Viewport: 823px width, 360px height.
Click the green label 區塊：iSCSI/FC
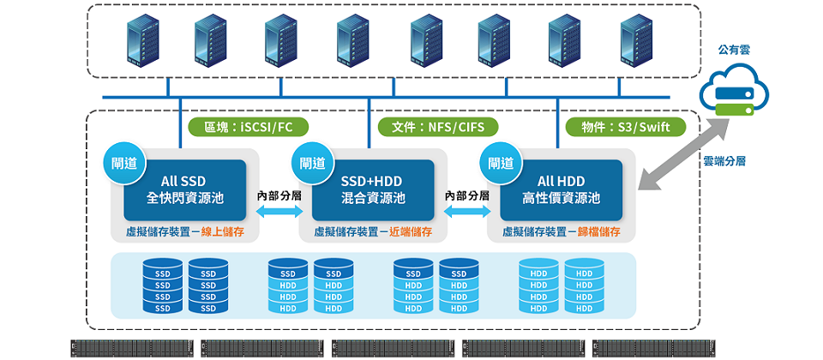pos(249,128)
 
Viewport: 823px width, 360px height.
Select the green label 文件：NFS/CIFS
pos(438,128)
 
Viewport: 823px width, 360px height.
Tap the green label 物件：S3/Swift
pos(627,128)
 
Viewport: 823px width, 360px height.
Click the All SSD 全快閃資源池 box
pos(185,189)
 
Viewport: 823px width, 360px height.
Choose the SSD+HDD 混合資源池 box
pos(372,189)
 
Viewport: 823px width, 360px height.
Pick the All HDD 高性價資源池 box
pos(562,189)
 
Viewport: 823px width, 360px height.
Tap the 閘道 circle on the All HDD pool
pos(501,163)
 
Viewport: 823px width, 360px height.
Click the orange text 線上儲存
pos(225,231)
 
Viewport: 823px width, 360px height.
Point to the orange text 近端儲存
pos(411,231)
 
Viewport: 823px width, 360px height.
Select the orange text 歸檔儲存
pos(600,231)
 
